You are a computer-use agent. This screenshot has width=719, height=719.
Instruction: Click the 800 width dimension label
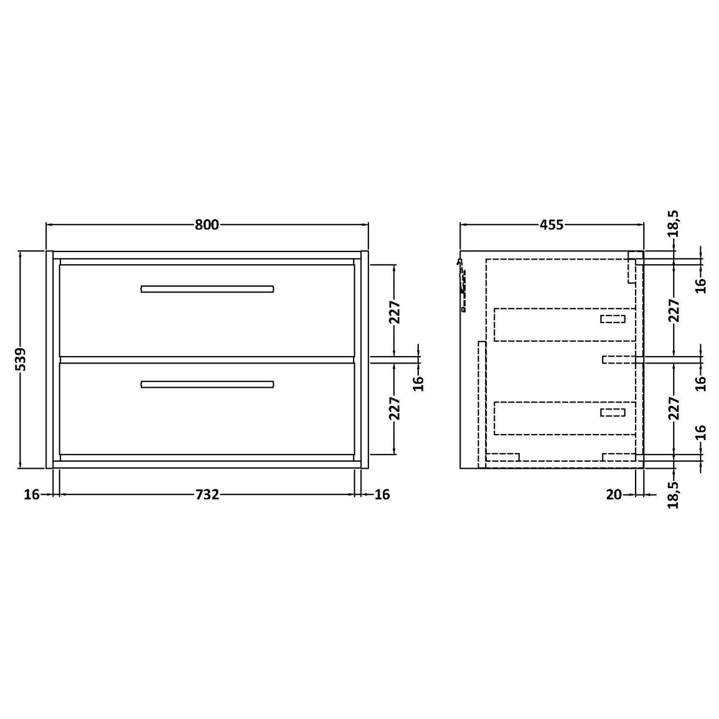207,224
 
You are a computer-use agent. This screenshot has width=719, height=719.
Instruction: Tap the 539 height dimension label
21,359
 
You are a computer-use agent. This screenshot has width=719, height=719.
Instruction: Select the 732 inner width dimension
207,495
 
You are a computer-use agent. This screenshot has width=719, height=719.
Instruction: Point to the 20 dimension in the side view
613,495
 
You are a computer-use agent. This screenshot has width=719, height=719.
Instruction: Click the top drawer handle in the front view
207,288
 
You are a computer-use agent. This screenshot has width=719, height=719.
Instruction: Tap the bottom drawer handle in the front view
207,384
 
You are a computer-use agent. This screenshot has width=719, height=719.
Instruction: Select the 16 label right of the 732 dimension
382,495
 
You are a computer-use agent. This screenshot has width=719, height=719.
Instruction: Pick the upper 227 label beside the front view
394,313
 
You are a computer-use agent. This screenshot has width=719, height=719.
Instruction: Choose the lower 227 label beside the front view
394,408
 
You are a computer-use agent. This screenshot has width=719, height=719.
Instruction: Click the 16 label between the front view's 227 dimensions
418,382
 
